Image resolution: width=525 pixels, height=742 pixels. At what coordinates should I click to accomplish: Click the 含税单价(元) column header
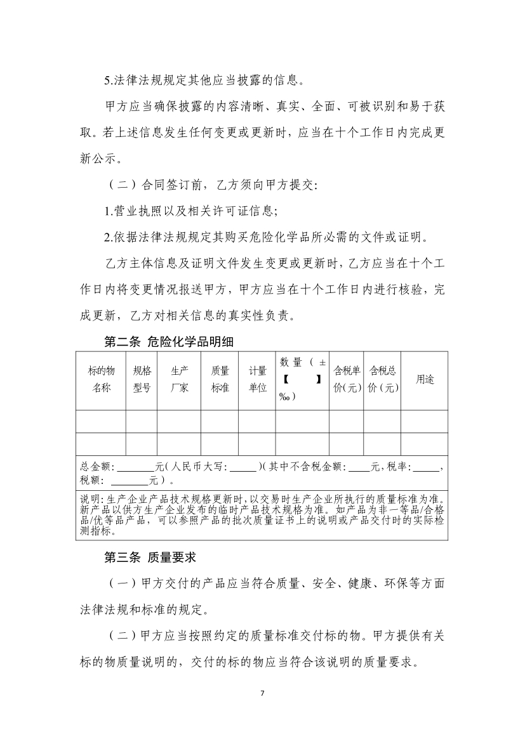tap(347, 379)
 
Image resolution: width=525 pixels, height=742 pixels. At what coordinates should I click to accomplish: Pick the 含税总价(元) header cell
tap(383, 379)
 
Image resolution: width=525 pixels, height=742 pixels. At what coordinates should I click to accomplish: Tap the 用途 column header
tap(425, 379)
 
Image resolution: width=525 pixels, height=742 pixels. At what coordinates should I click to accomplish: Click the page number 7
tap(262, 692)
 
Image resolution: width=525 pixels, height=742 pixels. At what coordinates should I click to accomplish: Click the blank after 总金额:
tap(131, 467)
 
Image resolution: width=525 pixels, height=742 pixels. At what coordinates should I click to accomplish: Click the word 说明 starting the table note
tap(89, 499)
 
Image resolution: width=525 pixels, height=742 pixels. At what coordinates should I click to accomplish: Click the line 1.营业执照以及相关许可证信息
tap(191, 211)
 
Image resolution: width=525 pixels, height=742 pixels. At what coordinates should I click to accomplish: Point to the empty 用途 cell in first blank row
tap(425, 421)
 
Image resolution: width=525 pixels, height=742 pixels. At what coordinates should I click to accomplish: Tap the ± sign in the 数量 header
tap(322, 362)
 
